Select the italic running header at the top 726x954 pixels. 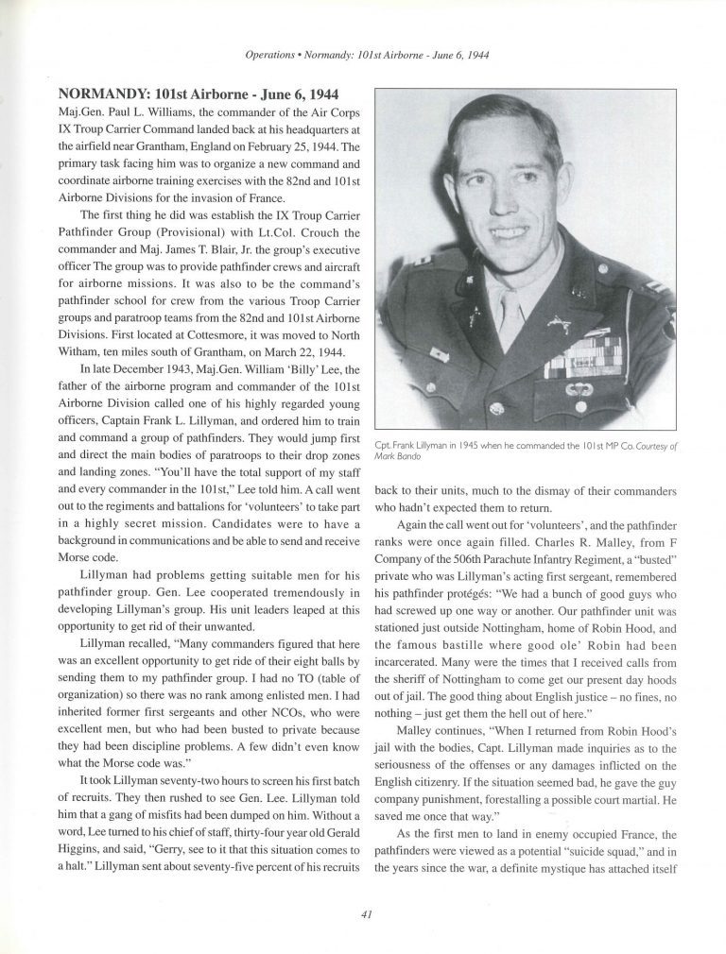363,56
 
